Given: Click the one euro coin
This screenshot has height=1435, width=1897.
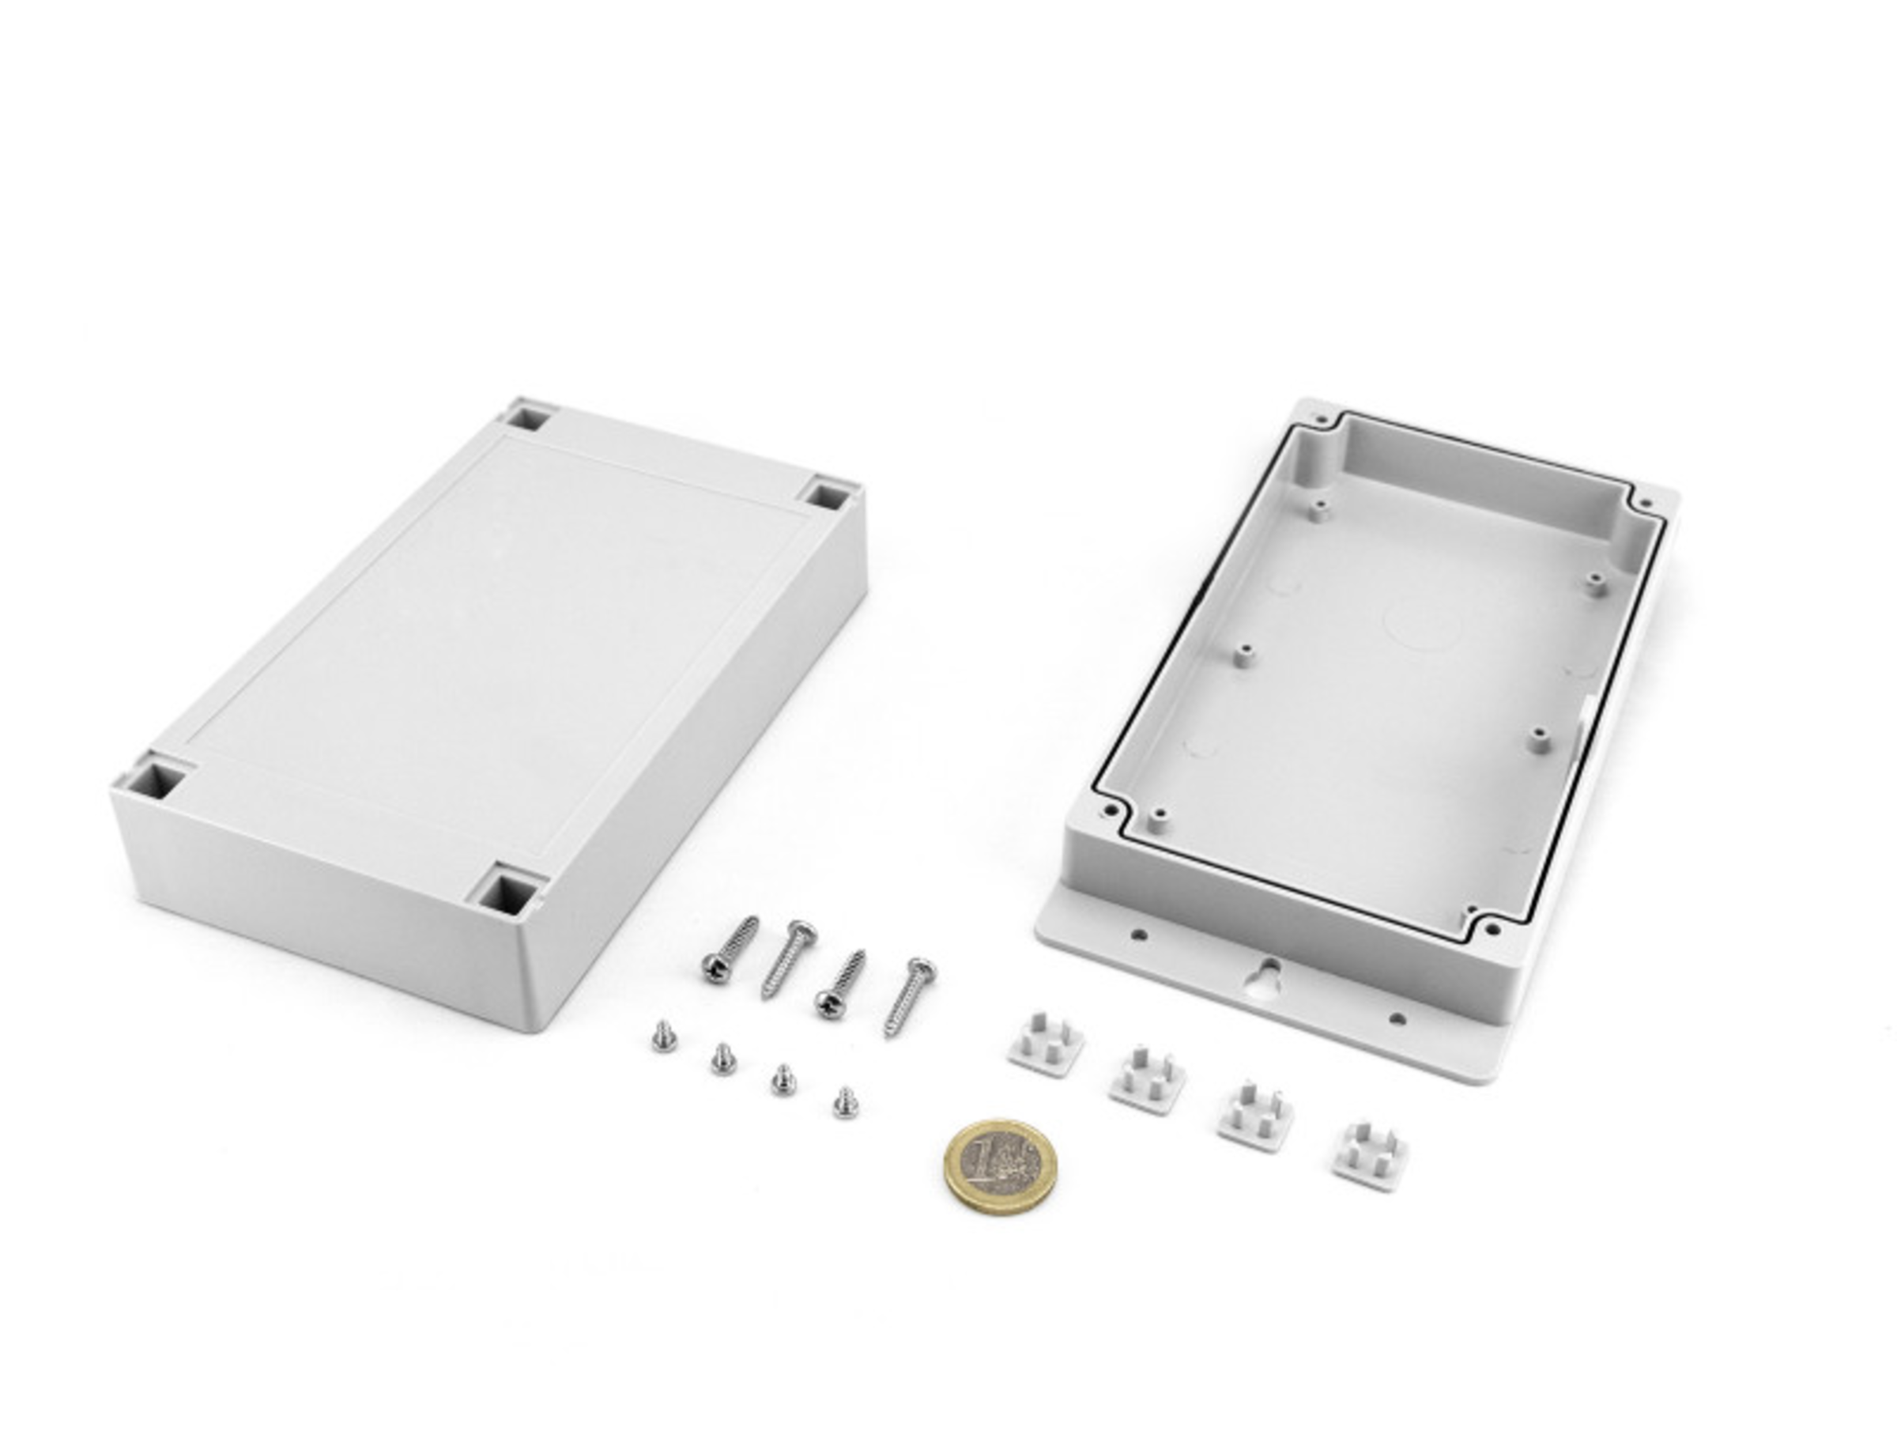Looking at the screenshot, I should click(x=1000, y=1165).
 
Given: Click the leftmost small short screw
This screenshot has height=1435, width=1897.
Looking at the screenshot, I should click(x=663, y=1037).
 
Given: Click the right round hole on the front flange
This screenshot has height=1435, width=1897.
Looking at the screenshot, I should click(x=1397, y=1019).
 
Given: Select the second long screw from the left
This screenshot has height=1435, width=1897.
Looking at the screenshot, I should click(x=789, y=959).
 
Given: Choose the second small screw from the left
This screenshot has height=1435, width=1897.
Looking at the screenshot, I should click(x=723, y=1059).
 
